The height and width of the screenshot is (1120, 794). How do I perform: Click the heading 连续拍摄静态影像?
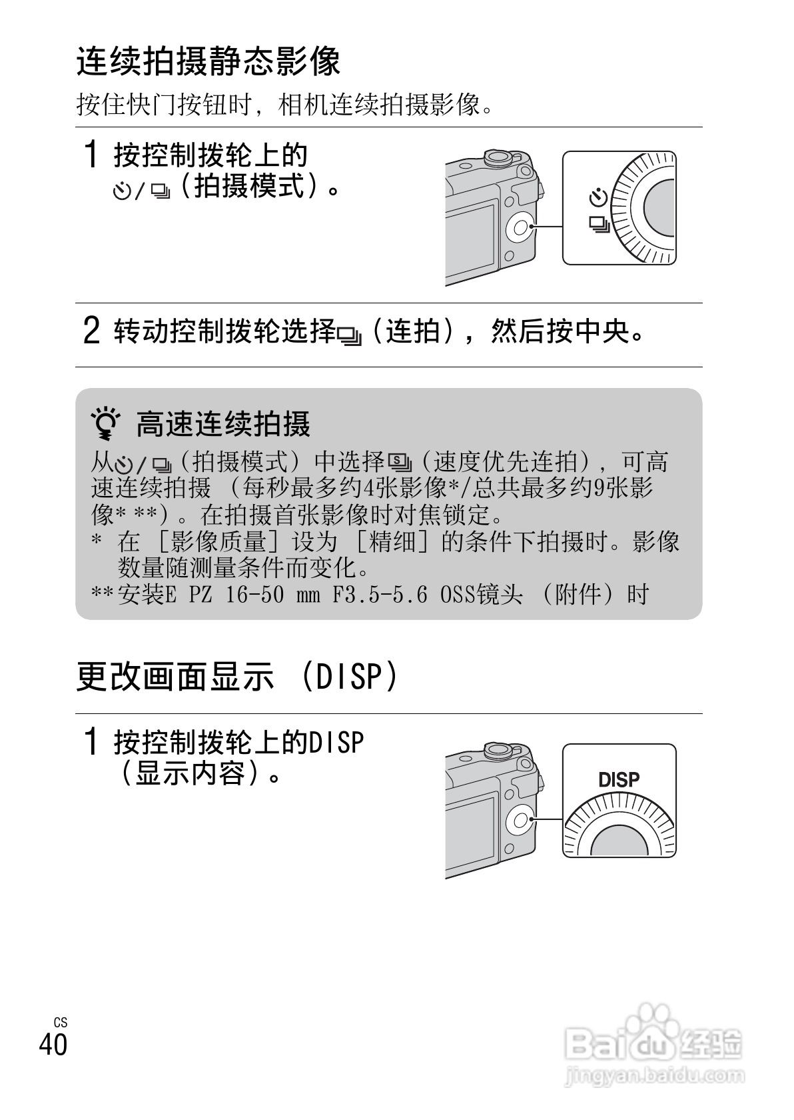click(208, 61)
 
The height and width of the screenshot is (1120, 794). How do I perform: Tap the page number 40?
click(53, 1043)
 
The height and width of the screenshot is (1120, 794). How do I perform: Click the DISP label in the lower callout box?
click(619, 779)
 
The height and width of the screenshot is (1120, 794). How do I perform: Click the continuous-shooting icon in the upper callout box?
click(599, 225)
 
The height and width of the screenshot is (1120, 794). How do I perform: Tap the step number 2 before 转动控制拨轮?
click(91, 331)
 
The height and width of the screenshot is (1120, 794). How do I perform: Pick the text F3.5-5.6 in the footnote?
click(380, 594)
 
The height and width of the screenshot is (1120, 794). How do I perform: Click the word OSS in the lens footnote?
click(458, 594)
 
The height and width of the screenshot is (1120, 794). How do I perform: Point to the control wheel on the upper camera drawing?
click(520, 229)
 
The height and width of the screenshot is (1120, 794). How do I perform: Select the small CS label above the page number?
click(61, 1022)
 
